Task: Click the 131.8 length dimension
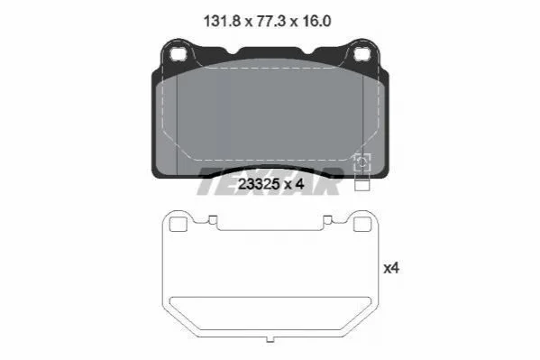(x=222, y=22)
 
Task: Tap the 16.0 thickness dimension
(x=316, y=22)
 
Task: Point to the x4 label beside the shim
(x=391, y=268)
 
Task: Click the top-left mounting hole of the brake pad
(x=178, y=54)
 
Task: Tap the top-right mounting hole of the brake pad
(x=362, y=54)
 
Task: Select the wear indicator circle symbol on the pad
(x=362, y=162)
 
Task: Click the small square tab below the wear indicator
(x=362, y=184)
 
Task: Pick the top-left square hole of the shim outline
(x=178, y=225)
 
